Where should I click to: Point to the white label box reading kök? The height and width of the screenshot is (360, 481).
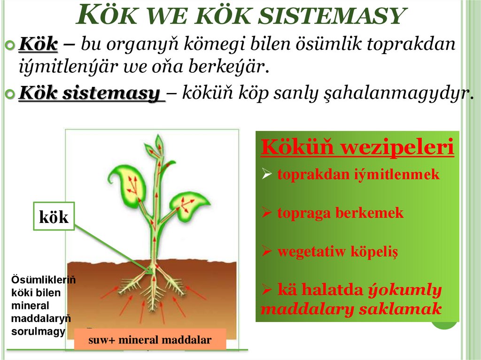[x=54, y=216]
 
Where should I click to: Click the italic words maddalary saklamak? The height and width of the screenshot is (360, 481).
[x=351, y=309]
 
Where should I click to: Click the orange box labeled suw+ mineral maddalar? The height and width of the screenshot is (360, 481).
[x=150, y=339]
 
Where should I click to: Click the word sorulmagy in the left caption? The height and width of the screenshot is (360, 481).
[x=31, y=331]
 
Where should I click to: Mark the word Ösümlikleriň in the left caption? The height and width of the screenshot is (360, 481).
[x=43, y=280]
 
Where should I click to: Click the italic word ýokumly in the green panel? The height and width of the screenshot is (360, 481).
[x=404, y=290]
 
